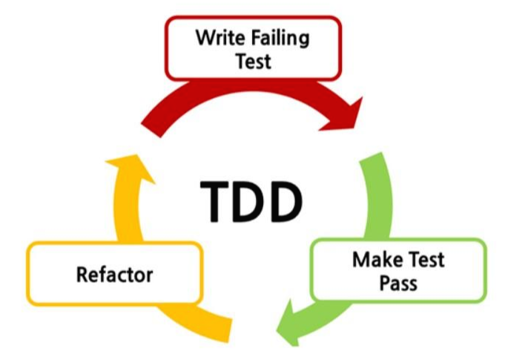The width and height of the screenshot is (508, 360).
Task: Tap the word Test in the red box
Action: [x=254, y=60]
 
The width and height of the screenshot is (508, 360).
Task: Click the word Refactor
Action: [x=114, y=275]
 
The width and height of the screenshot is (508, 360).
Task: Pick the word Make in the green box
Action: [x=377, y=261]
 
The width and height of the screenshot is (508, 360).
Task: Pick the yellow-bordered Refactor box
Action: [x=114, y=275]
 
